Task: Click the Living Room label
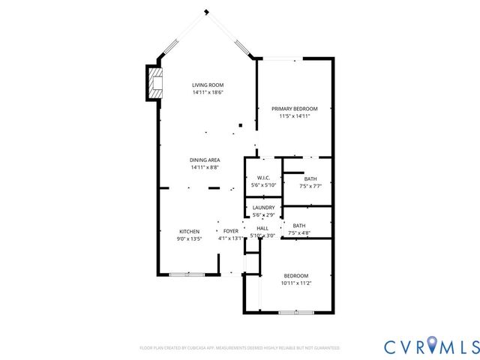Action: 207,85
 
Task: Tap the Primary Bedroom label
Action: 294,109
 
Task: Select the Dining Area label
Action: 205,160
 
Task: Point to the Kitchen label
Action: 189,231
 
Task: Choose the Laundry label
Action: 263,208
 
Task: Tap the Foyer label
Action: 231,231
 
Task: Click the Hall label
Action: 262,228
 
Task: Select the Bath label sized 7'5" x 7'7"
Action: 310,178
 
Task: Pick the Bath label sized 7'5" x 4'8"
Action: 299,226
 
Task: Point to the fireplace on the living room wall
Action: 154,82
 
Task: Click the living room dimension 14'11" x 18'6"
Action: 207,92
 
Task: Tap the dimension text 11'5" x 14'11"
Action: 294,116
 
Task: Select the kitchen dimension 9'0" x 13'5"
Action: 189,238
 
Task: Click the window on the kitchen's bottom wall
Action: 186,274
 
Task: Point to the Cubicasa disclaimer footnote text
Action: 240,348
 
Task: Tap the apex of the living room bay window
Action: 207,11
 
